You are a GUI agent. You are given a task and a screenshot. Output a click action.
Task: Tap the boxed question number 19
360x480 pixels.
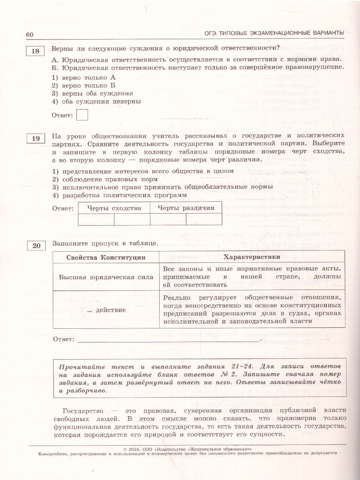point(35,139)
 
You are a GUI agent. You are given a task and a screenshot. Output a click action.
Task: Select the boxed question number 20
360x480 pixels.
point(36,246)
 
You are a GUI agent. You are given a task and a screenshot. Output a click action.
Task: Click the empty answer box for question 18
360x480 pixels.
point(82,115)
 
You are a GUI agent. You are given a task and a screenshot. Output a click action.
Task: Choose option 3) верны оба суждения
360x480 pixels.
point(92,93)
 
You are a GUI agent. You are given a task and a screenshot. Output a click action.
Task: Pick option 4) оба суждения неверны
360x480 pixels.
point(96,102)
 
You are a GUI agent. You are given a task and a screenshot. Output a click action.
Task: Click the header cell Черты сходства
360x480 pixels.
point(114,208)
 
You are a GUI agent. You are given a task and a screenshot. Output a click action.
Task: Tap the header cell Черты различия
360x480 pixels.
point(186,208)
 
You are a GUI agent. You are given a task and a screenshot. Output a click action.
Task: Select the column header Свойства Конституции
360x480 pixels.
point(106,257)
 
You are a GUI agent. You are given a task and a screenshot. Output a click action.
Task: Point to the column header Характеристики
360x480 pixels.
point(252,257)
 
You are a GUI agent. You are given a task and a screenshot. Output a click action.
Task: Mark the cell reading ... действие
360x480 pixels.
point(106,310)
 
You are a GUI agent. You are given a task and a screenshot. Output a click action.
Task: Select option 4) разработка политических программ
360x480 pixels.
point(120,195)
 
